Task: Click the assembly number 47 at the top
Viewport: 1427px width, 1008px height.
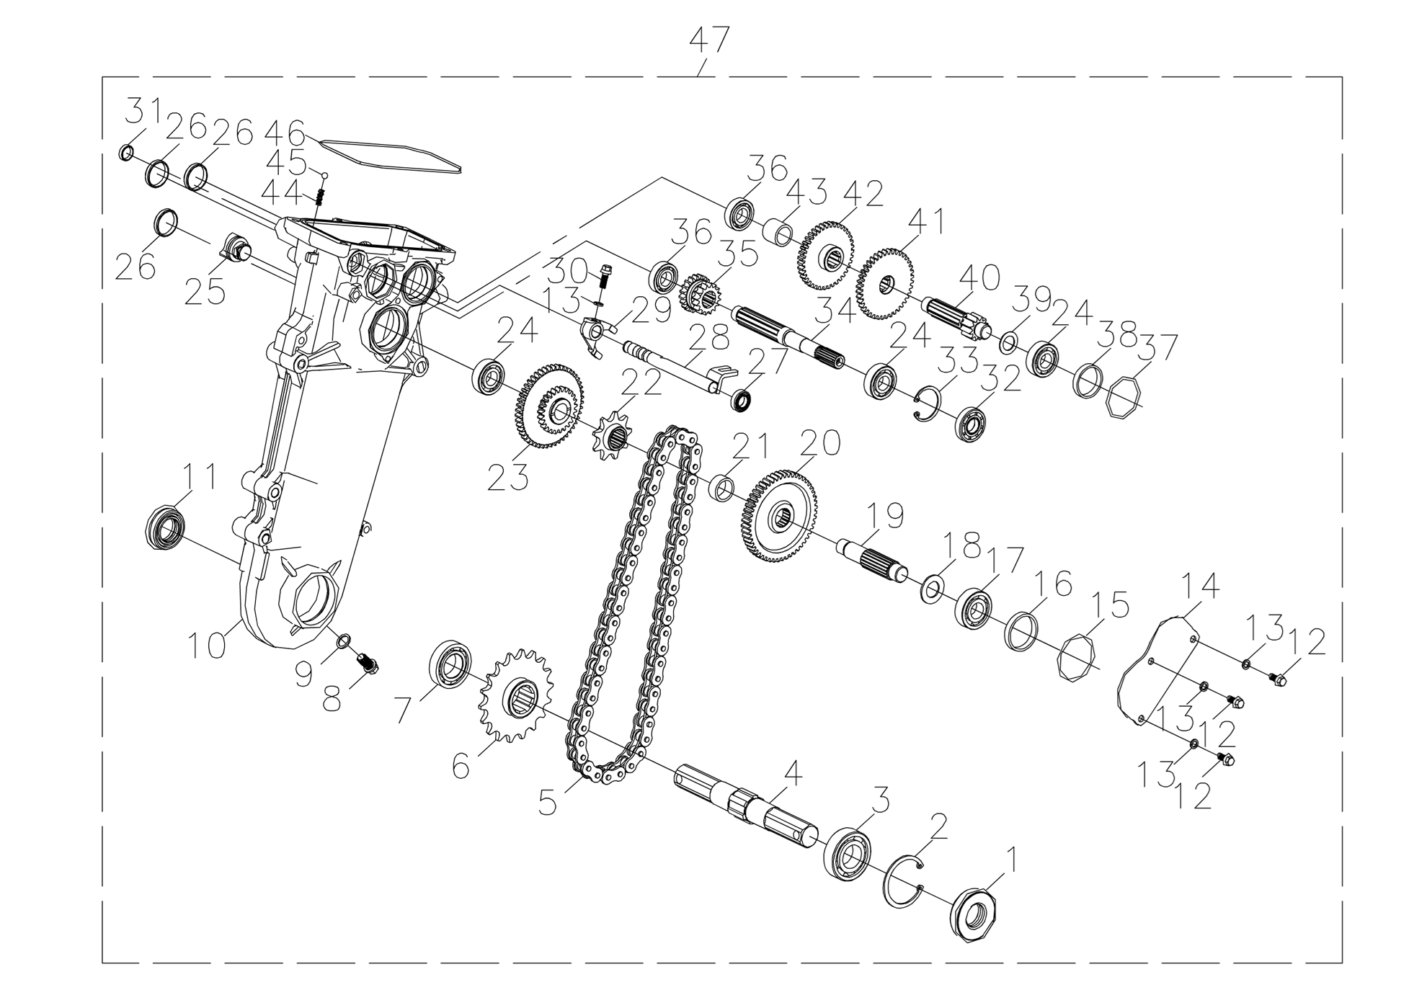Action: pos(709,41)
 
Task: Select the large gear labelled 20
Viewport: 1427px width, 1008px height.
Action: pos(778,515)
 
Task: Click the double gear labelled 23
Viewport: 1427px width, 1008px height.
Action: pos(551,406)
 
